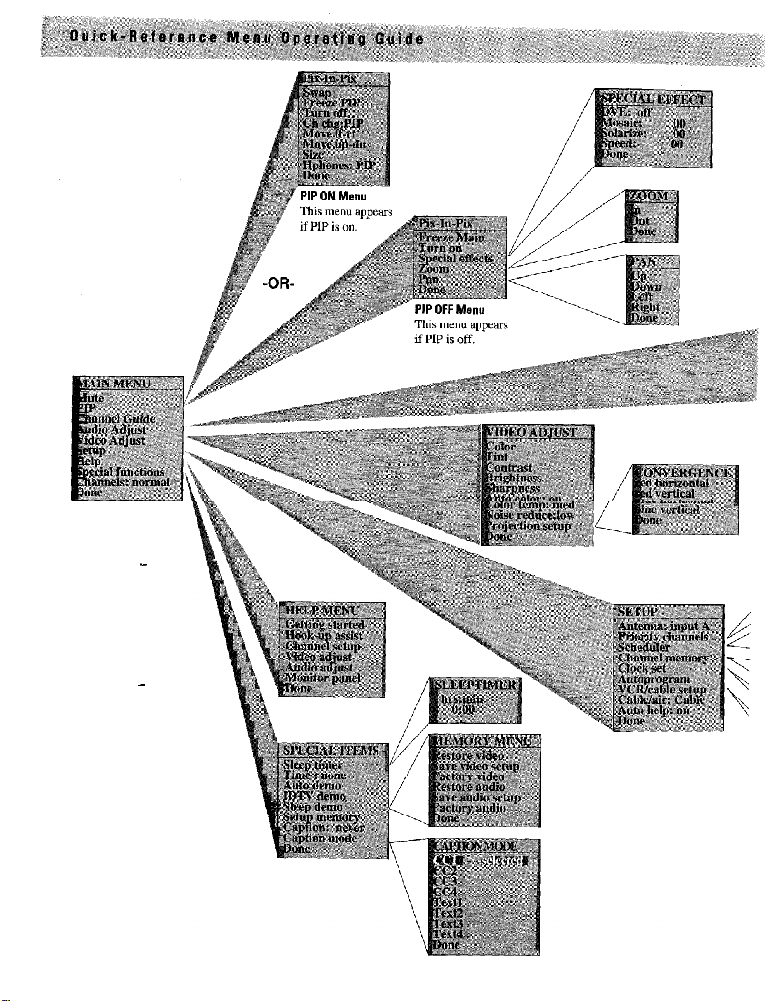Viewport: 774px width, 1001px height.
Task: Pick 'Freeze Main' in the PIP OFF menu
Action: pos(451,237)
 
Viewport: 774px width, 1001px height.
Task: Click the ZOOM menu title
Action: pos(651,196)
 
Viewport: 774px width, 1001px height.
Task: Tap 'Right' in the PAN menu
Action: pos(645,308)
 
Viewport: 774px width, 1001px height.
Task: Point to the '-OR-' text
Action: pos(279,284)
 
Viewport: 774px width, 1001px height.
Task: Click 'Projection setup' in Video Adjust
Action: pos(529,526)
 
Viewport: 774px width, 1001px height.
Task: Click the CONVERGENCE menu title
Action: pos(686,472)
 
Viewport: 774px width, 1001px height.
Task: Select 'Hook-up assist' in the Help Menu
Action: pos(324,635)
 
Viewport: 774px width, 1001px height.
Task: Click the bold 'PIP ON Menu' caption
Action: pos(334,196)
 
